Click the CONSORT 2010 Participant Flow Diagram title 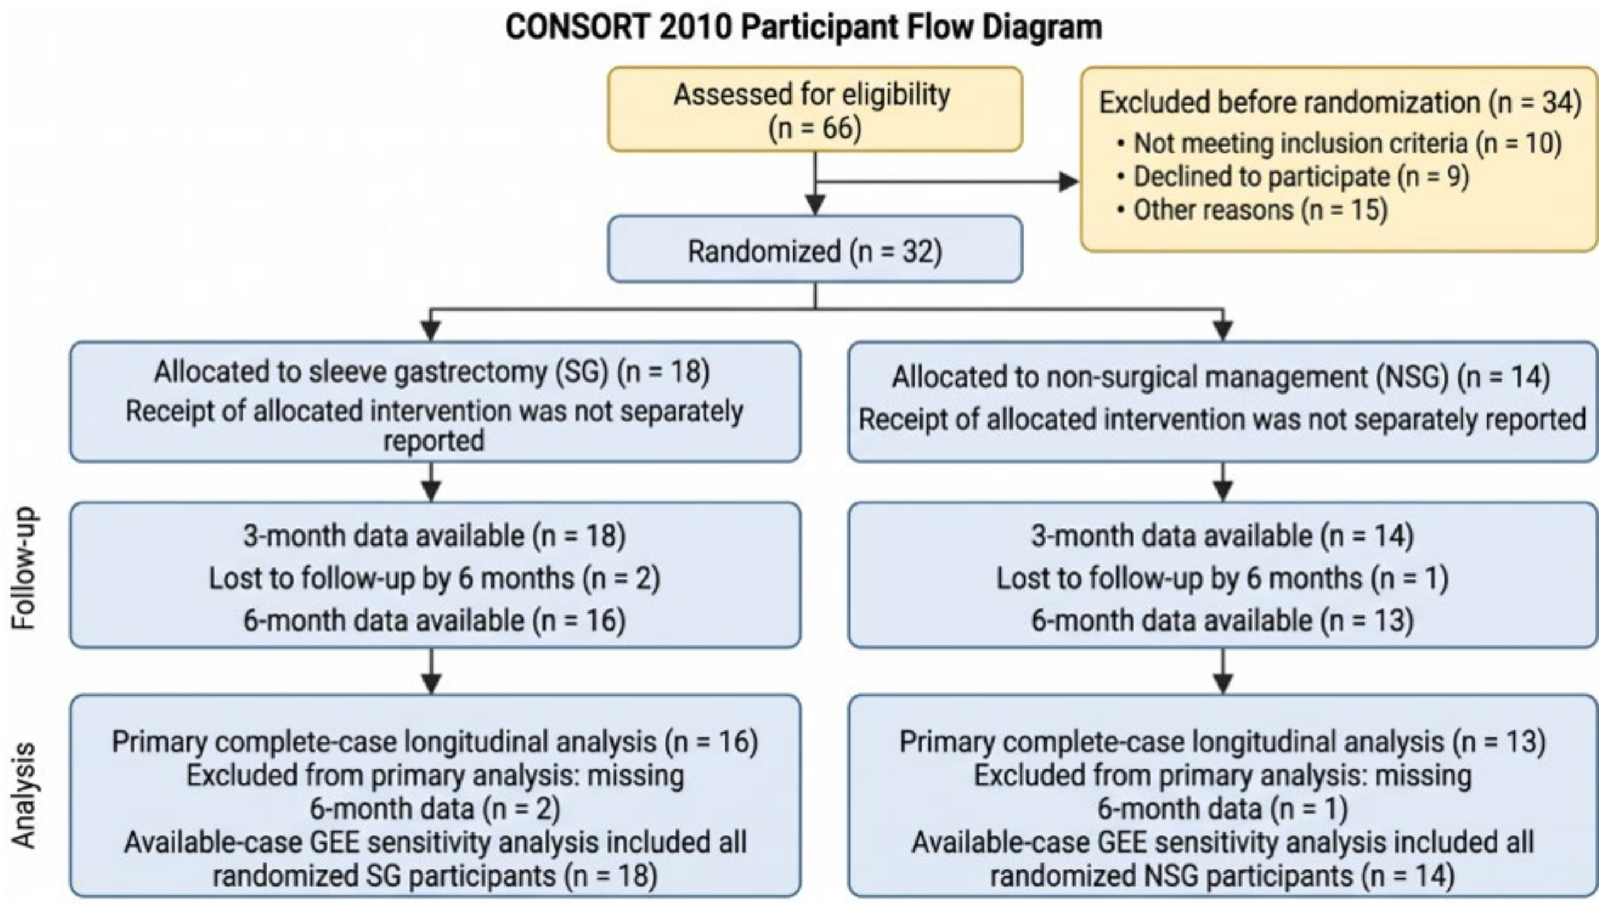(x=803, y=27)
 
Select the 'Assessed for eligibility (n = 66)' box (x=815, y=109)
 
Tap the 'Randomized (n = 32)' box (x=815, y=250)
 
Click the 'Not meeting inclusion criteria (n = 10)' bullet (x=1339, y=143)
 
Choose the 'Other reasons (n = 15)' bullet (x=1252, y=210)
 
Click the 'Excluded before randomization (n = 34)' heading (x=1340, y=102)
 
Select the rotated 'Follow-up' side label (x=25, y=568)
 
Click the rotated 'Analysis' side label (x=25, y=796)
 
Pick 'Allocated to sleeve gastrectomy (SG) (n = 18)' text (x=432, y=371)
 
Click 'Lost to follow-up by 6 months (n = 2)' (x=434, y=578)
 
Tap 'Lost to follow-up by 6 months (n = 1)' (x=1222, y=578)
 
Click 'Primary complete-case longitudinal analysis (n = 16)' (x=435, y=742)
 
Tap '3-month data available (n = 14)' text (x=1222, y=536)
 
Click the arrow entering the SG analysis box (x=431, y=671)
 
